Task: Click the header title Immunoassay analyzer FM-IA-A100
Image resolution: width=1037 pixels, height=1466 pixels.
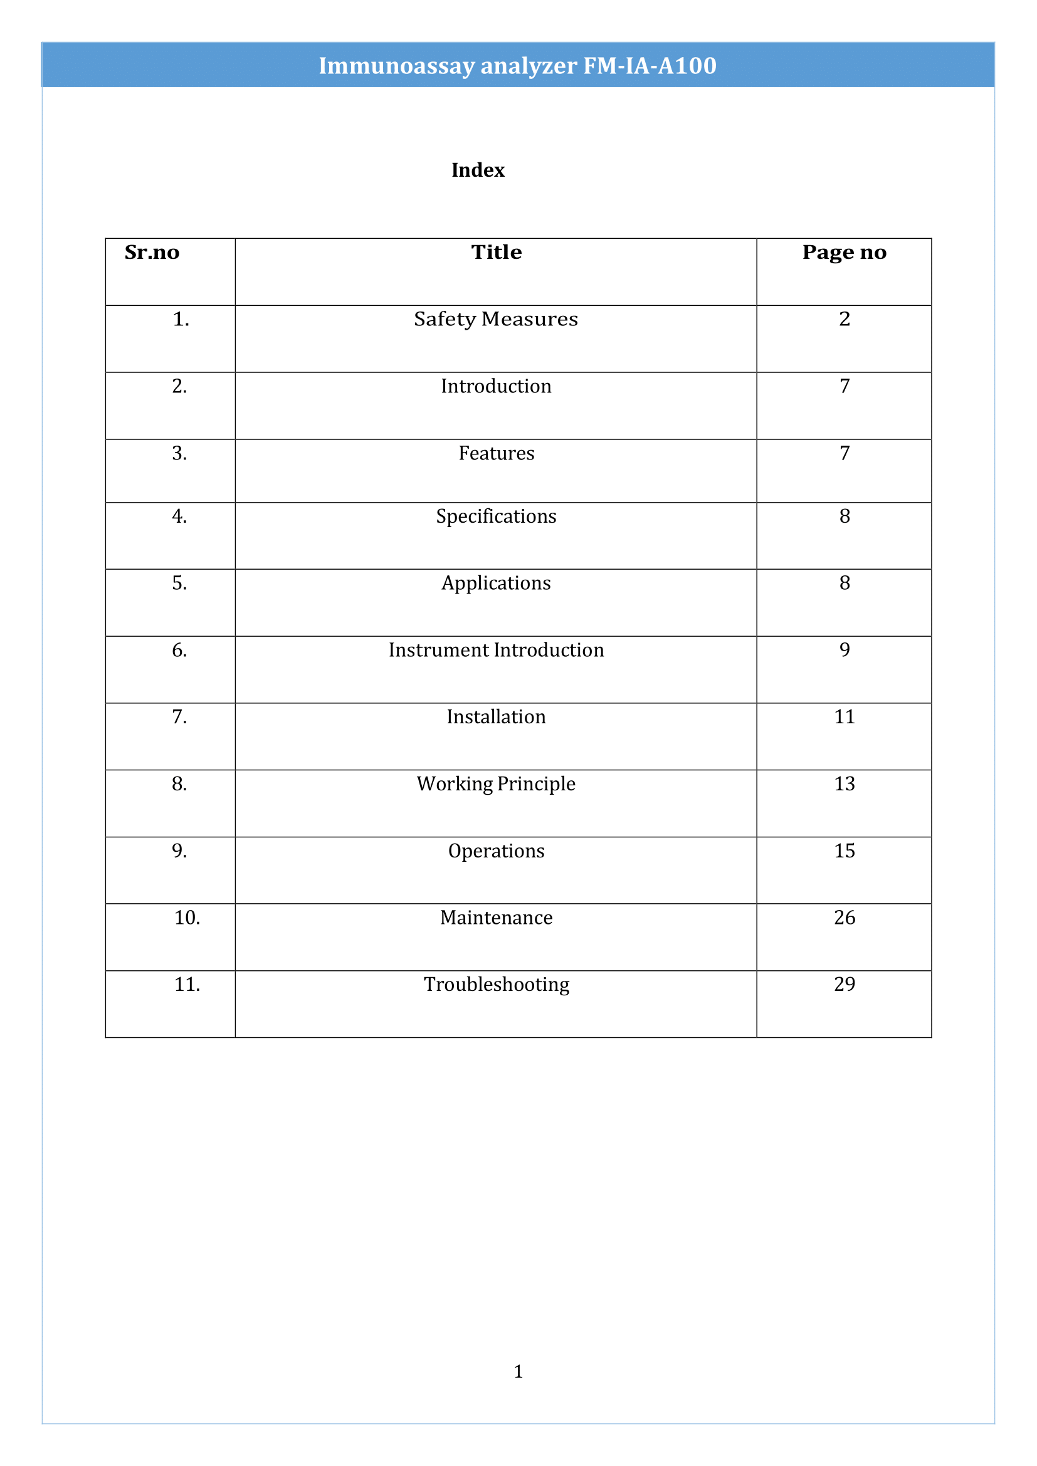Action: pyautogui.click(x=517, y=66)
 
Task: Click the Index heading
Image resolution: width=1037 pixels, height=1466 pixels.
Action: pyautogui.click(x=478, y=170)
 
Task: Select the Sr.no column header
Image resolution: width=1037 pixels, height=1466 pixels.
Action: pyautogui.click(x=152, y=253)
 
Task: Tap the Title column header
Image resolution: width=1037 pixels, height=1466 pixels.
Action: pyautogui.click(x=496, y=253)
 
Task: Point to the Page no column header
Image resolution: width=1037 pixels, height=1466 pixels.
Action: pyautogui.click(x=844, y=253)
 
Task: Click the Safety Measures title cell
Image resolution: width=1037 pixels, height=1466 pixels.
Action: pyautogui.click(x=496, y=318)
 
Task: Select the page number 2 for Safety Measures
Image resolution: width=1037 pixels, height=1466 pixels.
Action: pyautogui.click(x=844, y=318)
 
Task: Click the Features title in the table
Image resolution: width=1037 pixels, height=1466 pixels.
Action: pyautogui.click(x=496, y=453)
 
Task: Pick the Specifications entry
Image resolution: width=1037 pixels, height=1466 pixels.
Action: pyautogui.click(x=496, y=516)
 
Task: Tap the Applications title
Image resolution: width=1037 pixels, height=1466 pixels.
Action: pyautogui.click(x=496, y=583)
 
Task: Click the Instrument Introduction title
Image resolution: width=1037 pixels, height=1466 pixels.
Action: pyautogui.click(x=496, y=650)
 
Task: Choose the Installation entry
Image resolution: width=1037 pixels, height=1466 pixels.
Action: pyautogui.click(x=496, y=716)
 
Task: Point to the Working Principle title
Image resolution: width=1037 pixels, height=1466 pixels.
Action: pyautogui.click(x=496, y=783)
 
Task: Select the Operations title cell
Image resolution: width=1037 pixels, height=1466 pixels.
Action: pyautogui.click(x=496, y=851)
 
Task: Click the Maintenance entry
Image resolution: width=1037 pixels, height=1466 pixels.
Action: pyautogui.click(x=496, y=918)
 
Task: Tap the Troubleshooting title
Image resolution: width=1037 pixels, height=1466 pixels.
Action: pyautogui.click(x=496, y=985)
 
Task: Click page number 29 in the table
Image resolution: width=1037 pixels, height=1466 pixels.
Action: pyautogui.click(x=844, y=984)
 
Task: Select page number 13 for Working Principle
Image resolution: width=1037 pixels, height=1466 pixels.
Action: pyautogui.click(x=844, y=783)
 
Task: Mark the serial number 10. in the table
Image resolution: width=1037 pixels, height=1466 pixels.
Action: pyautogui.click(x=187, y=918)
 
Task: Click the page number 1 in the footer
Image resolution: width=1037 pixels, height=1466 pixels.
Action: pyautogui.click(x=518, y=1371)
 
